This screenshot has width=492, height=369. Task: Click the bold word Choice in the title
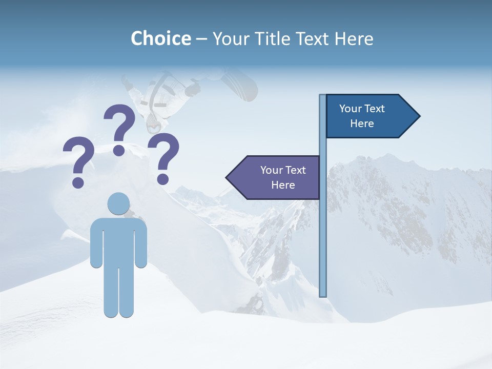tap(160, 38)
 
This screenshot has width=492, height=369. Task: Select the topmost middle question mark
tap(119, 128)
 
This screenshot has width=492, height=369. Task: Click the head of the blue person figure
tap(119, 203)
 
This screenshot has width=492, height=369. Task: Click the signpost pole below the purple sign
tap(323, 246)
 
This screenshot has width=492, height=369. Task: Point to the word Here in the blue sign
tap(362, 124)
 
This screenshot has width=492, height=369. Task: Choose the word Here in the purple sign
tap(283, 185)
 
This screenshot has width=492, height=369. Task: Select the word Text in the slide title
tap(312, 38)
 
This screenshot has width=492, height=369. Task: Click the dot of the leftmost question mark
tap(78, 182)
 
